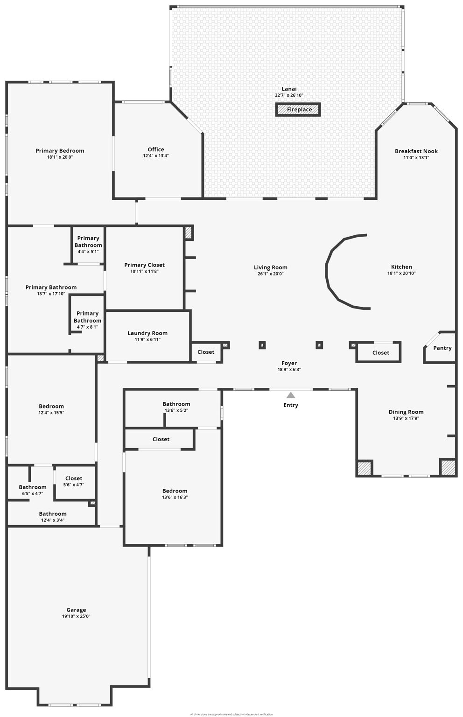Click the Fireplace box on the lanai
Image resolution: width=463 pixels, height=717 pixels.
click(298, 110)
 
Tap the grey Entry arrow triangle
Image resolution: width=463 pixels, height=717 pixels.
click(291, 395)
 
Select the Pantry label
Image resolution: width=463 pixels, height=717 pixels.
click(442, 348)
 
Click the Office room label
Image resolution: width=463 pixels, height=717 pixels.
click(156, 149)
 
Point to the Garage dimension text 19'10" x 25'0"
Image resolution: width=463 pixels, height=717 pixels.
click(76, 616)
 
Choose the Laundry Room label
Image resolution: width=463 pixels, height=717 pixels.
click(147, 333)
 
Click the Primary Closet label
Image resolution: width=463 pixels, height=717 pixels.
click(144, 265)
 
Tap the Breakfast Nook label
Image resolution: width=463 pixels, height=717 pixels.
click(416, 151)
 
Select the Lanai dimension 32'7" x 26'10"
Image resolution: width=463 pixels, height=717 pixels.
click(289, 95)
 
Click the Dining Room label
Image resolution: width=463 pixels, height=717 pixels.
click(406, 412)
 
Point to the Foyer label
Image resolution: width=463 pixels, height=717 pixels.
click(289, 363)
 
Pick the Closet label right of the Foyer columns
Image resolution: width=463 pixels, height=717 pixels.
click(380, 352)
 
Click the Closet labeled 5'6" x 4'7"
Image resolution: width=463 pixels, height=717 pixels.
click(74, 481)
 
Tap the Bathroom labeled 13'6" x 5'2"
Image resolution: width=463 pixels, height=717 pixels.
click(176, 407)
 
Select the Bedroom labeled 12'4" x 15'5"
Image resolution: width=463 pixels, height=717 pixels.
click(51, 409)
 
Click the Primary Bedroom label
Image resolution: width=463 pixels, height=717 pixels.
click(60, 150)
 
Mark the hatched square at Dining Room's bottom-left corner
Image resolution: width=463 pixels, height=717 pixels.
click(364, 468)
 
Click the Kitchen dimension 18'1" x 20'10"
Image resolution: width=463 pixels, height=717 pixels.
click(401, 274)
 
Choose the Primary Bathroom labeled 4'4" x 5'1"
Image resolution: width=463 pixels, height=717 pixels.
click(88, 245)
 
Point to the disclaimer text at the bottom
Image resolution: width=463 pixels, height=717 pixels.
click(231, 714)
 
